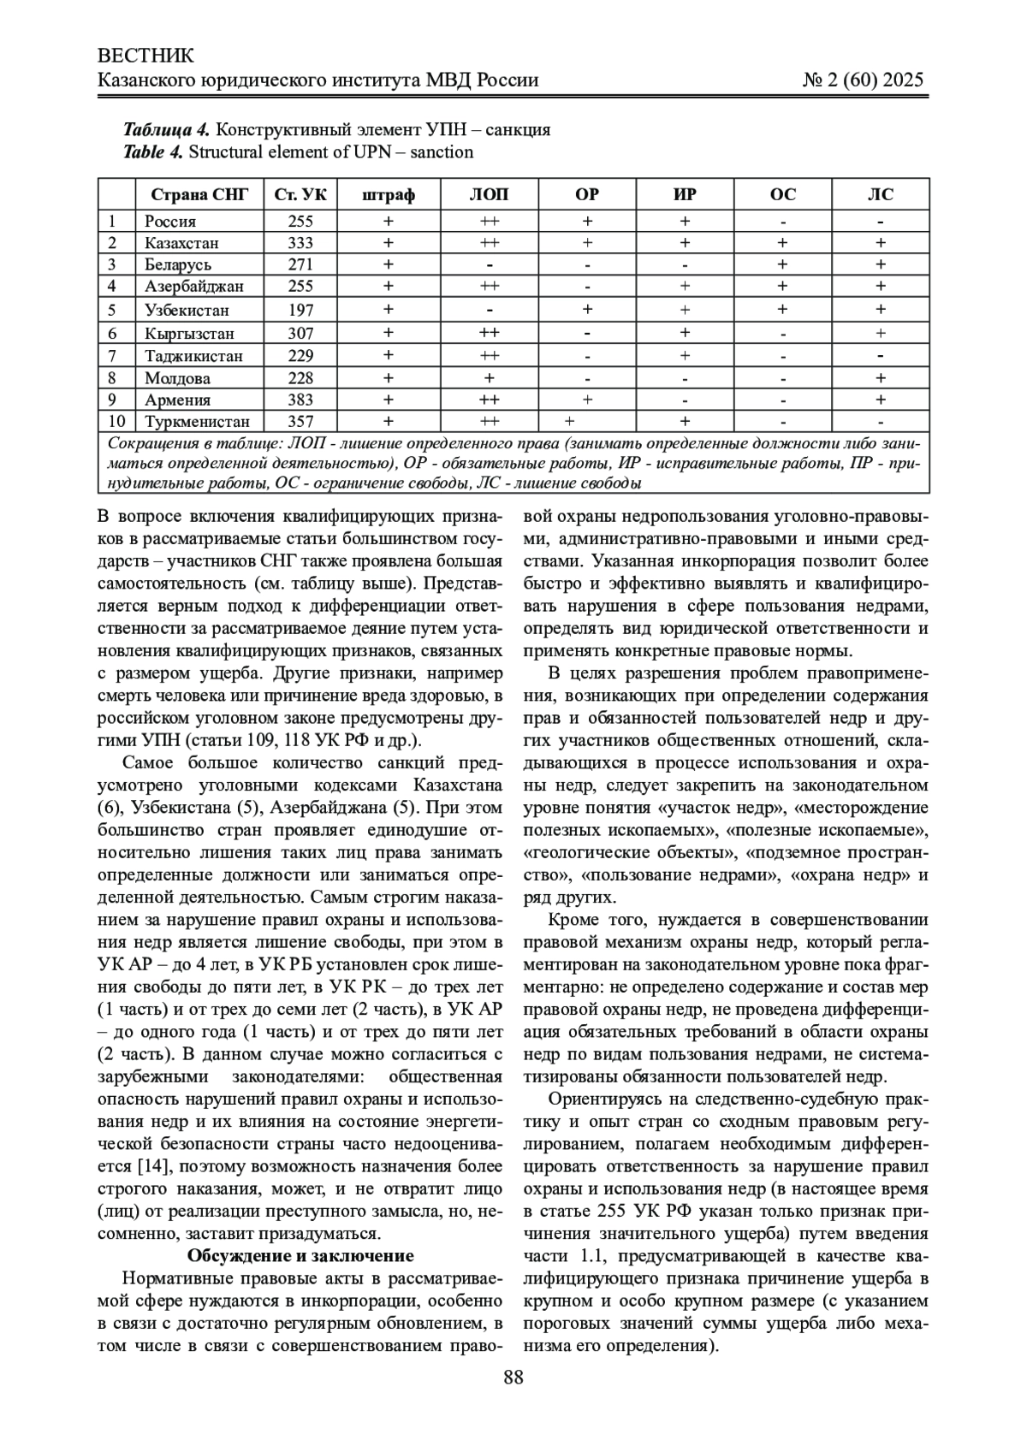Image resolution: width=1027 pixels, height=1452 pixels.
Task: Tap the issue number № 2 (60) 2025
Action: coord(864,80)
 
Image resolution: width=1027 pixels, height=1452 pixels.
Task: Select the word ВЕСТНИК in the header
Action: coord(146,56)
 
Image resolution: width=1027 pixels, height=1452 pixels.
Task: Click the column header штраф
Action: coord(389,195)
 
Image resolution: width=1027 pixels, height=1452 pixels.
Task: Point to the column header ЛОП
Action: coord(489,195)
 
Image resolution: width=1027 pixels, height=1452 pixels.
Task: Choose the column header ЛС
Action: coord(881,195)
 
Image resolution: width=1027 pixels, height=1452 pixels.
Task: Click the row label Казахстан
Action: coord(181,243)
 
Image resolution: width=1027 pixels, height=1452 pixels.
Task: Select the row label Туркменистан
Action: coord(198,421)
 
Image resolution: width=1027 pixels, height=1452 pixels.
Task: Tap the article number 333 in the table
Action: coord(301,243)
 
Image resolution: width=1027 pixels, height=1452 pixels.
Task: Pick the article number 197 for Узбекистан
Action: coord(301,310)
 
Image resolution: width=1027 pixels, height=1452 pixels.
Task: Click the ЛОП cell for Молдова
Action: coord(489,377)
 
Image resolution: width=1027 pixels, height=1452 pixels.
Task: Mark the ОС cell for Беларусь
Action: coord(782,264)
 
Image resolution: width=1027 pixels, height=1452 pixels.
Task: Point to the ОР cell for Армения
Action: coord(587,400)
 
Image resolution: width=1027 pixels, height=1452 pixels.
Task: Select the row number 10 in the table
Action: coord(117,421)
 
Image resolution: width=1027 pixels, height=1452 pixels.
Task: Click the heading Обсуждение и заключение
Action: coord(300,1255)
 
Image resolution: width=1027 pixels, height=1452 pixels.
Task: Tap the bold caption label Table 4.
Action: coord(153,152)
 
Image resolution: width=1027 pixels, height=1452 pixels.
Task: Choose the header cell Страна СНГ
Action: coord(199,195)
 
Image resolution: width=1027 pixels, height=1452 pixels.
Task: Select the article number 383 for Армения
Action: coord(301,400)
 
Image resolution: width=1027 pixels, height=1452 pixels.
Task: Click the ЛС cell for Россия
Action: coord(881,221)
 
